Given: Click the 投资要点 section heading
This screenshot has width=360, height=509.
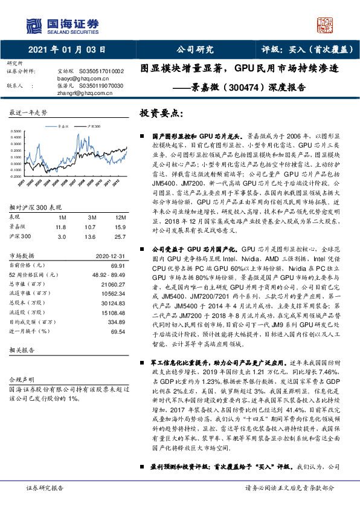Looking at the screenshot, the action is click(x=161, y=113).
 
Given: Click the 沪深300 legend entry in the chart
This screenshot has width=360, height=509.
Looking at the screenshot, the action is click(x=92, y=126).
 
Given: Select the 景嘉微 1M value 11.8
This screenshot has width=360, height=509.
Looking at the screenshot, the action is click(x=60, y=226).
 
